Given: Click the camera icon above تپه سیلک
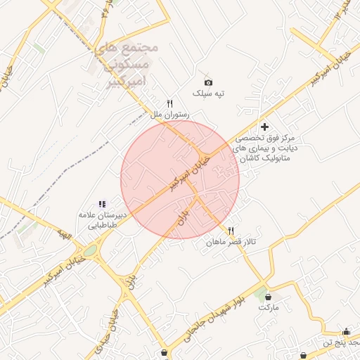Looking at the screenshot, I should (208, 82).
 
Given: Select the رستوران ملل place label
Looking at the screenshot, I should (168, 113).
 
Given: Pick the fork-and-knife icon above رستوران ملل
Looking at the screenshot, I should (169, 103).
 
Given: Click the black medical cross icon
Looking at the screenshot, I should (264, 127).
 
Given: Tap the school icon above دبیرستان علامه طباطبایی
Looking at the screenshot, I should (102, 204).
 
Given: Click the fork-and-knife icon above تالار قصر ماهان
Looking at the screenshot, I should (231, 231).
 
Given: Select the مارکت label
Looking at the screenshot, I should (269, 307).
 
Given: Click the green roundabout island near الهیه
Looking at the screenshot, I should (90, 250).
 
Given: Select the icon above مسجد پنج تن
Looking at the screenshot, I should (345, 331).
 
